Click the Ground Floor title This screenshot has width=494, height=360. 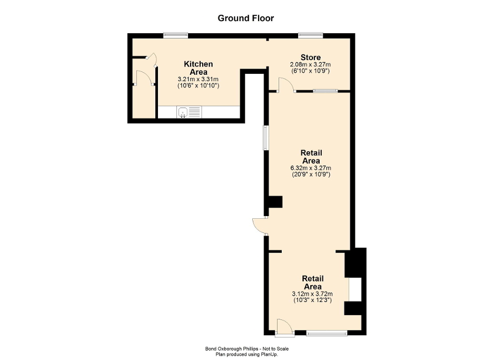tap(246, 18)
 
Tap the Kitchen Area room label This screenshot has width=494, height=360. tap(199, 68)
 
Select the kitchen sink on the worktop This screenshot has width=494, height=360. tap(183, 112)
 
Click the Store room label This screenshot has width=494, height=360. tap(310, 57)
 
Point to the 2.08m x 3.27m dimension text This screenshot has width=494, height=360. tap(310, 64)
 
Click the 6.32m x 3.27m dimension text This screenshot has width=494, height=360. tap(311, 168)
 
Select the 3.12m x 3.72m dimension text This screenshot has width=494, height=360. tap(312, 294)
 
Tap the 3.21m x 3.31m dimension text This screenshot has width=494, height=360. tap(199, 79)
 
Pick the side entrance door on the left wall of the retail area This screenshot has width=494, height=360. tap(260, 225)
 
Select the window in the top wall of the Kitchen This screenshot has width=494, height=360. tap(175, 36)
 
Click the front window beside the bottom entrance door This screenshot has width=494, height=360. tap(327, 333)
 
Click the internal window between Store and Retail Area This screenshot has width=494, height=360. tap(325, 91)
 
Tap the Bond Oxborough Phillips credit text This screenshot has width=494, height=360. tap(246, 348)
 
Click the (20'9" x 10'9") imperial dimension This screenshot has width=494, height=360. tap(311, 174)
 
